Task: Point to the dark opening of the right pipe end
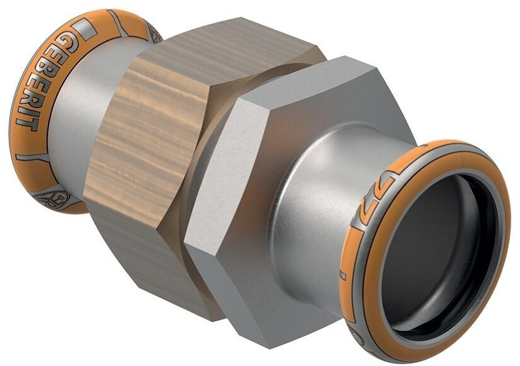click(x=436, y=253)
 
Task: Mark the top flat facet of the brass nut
click(x=209, y=51)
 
